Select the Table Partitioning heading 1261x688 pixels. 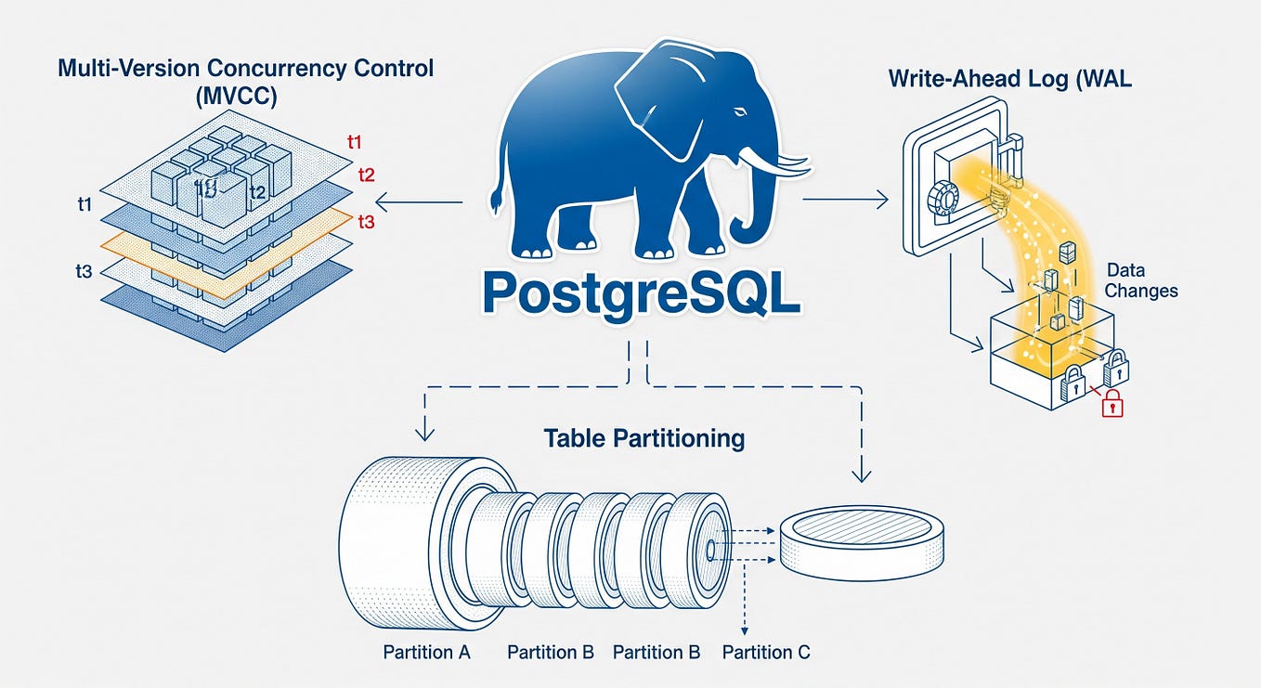[644, 437]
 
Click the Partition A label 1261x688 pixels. [427, 652]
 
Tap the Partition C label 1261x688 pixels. [766, 652]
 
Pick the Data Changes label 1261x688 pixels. [1142, 280]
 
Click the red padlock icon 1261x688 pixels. [1111, 404]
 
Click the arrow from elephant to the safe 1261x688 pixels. [845, 199]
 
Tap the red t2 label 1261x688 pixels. [366, 174]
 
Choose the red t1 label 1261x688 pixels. [354, 142]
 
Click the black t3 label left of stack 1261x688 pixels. [83, 272]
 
